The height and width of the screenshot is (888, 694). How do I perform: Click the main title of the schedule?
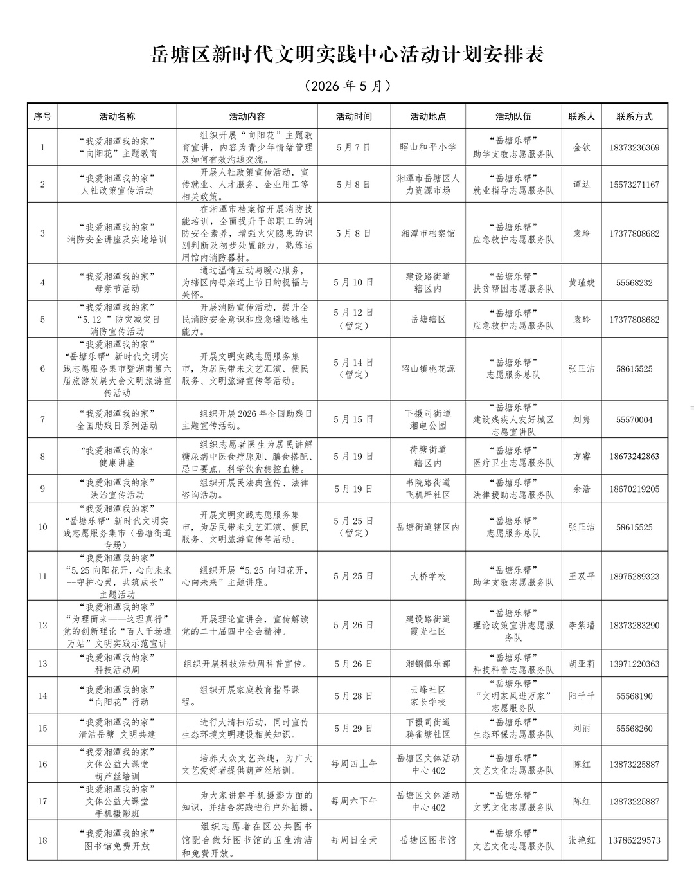tap(347, 55)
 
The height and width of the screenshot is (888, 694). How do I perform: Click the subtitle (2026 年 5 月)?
tap(347, 86)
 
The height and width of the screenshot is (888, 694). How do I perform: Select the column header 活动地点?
tap(428, 116)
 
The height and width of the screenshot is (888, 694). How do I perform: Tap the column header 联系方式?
tap(634, 116)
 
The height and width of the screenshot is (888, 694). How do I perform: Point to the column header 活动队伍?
tap(513, 116)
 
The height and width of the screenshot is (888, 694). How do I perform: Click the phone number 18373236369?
tap(634, 148)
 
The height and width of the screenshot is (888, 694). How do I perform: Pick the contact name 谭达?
tap(582, 185)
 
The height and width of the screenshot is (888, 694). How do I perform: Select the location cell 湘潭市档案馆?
tap(428, 233)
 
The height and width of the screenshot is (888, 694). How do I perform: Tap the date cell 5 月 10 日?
tap(353, 282)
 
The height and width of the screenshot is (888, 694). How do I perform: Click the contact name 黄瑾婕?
tap(582, 282)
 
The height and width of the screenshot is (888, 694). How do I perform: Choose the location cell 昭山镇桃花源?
tap(428, 368)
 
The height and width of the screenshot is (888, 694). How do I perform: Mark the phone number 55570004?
tap(634, 420)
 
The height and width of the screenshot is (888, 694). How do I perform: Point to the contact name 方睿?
tap(582, 457)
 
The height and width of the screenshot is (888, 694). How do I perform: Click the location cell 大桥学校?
tap(428, 576)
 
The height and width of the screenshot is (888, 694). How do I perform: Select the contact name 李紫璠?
tap(582, 625)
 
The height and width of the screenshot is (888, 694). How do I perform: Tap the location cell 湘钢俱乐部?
tap(428, 664)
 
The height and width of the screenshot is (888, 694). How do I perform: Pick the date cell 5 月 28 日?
tap(353, 696)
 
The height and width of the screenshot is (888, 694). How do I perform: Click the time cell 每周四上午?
tap(353, 764)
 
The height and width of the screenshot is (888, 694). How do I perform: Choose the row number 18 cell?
tap(43, 840)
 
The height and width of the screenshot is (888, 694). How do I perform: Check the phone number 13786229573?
tap(634, 840)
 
